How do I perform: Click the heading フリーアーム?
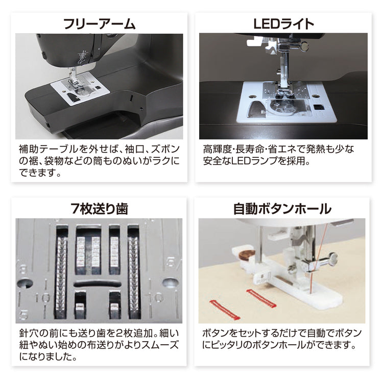pyautogui.click(x=99, y=24)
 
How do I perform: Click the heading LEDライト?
pyautogui.click(x=283, y=24)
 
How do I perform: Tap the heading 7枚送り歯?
pyautogui.click(x=99, y=209)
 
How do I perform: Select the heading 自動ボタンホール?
pyautogui.click(x=282, y=209)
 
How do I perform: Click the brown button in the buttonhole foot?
pyautogui.click(x=247, y=255)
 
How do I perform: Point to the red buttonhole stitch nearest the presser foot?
pyautogui.click(x=261, y=298)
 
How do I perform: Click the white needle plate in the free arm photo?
pyautogui.click(x=80, y=88)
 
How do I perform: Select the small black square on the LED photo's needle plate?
pyautogui.click(x=318, y=107)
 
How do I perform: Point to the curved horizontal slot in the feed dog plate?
pyautogui.click(x=97, y=284)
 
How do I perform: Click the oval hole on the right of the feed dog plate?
pyautogui.click(x=170, y=283)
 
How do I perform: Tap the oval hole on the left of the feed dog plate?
pyautogui.click(x=25, y=283)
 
